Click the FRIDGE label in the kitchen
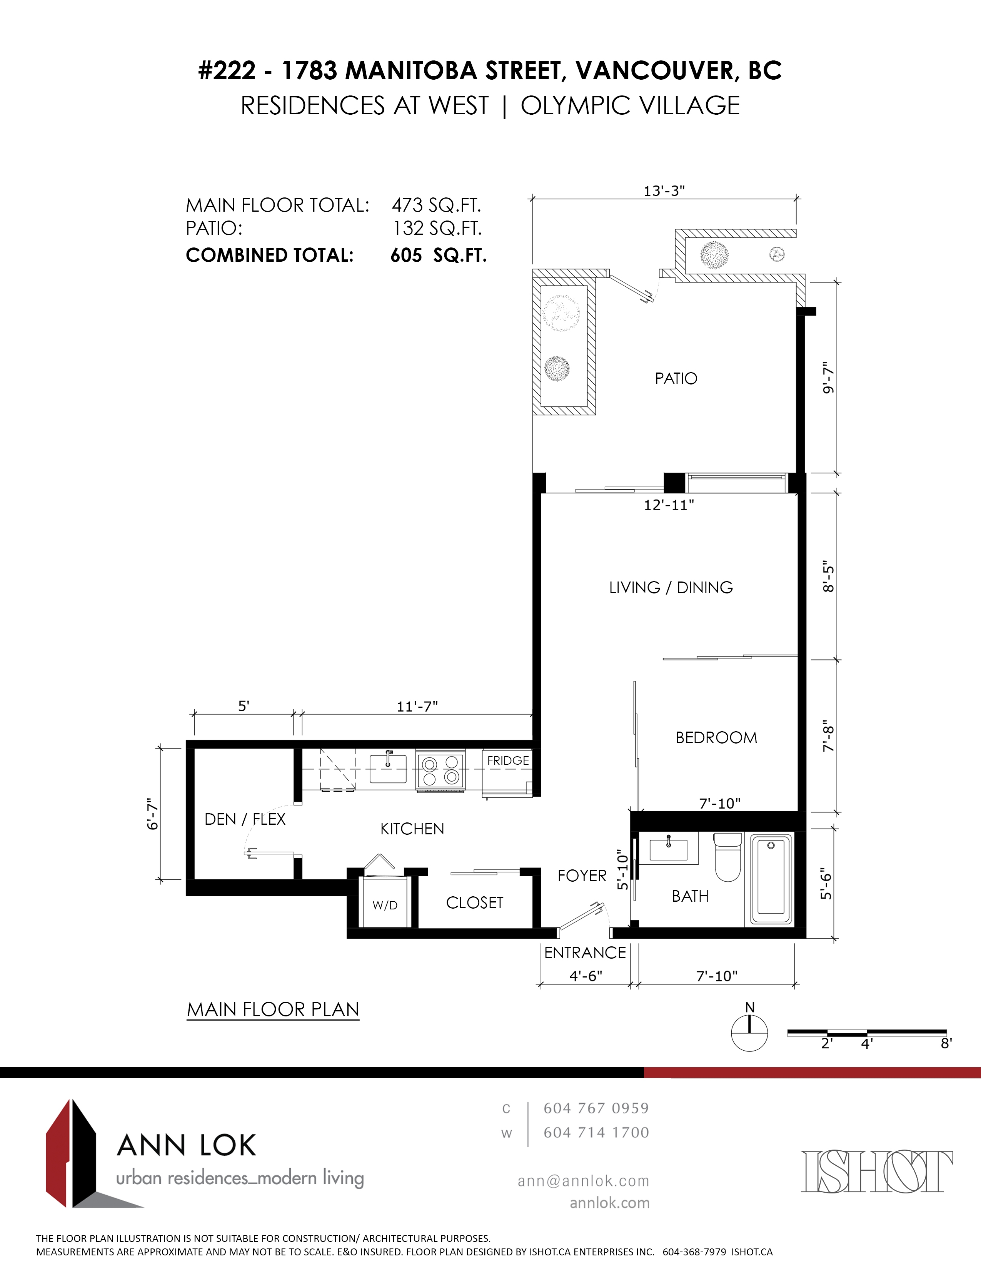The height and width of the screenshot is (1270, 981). (508, 760)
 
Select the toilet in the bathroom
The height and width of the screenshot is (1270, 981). (727, 856)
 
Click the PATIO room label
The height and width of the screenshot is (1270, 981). (676, 379)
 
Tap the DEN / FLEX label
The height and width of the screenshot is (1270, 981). (245, 819)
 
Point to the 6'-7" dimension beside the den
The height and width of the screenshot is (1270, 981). (153, 814)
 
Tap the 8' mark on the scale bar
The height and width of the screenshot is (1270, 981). (946, 1044)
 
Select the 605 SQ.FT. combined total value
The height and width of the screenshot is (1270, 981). (439, 255)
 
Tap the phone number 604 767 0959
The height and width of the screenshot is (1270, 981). (596, 1108)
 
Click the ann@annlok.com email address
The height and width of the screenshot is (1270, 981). (584, 1181)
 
